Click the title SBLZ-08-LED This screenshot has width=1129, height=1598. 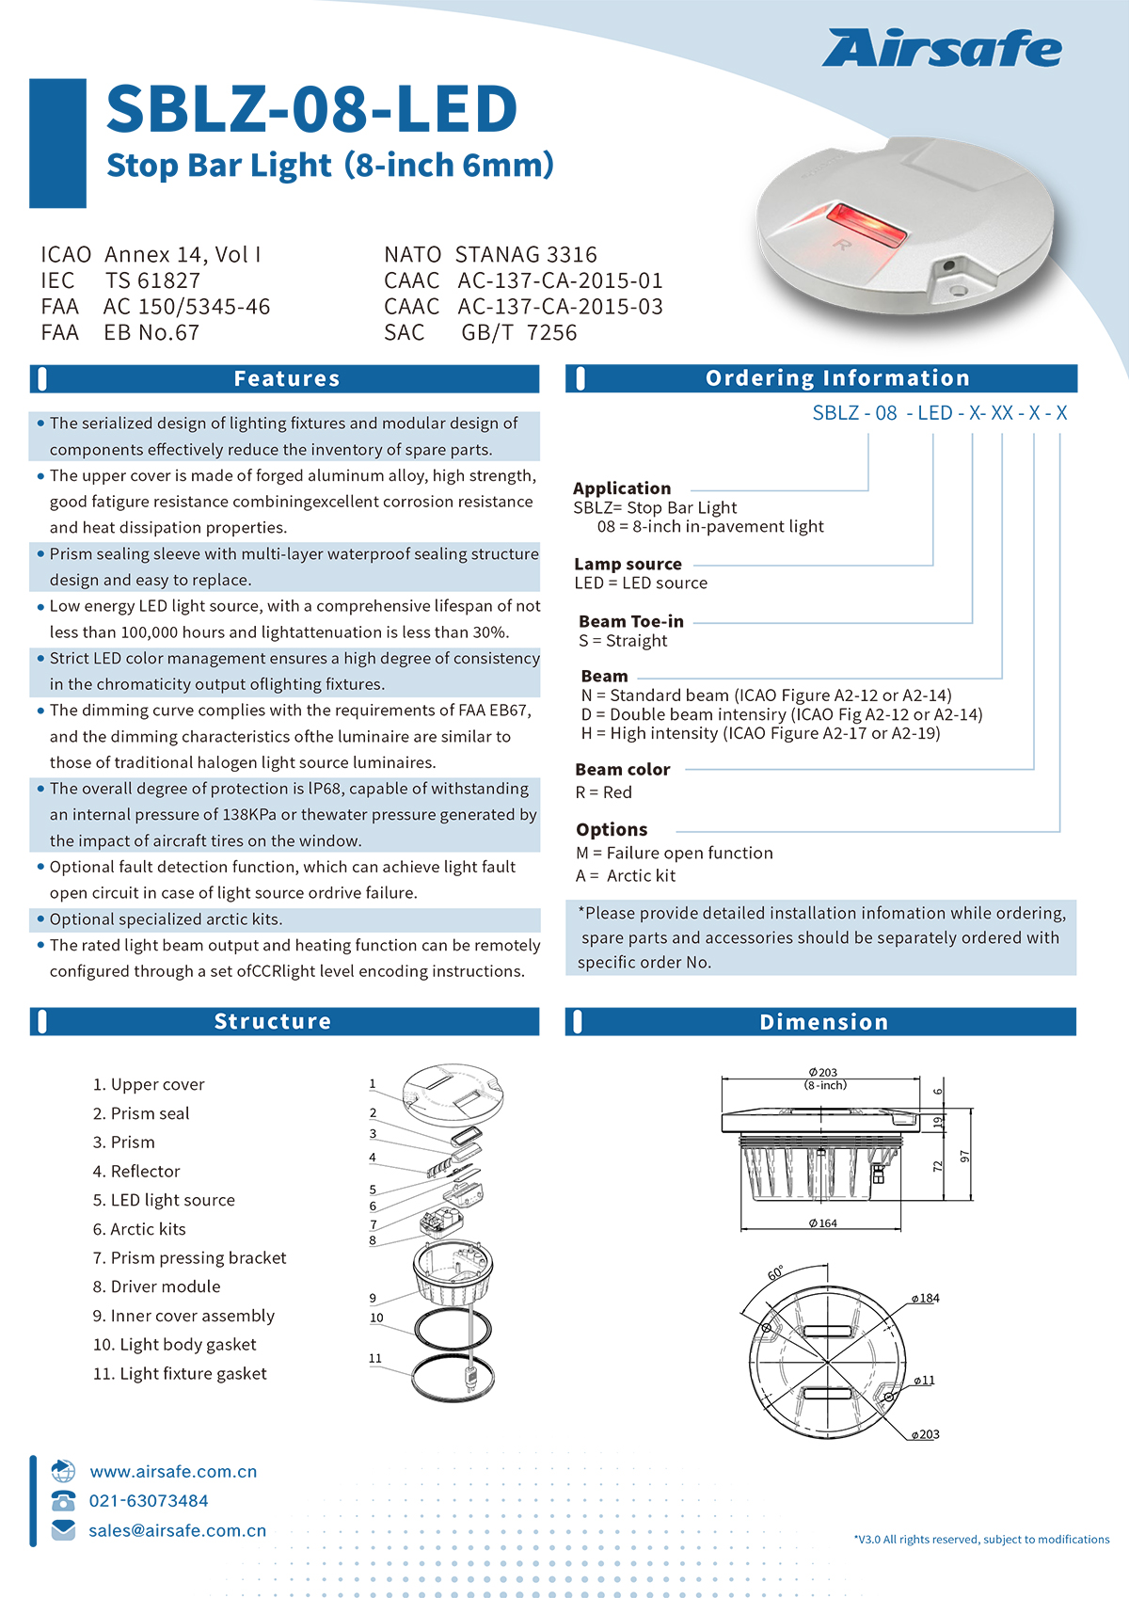[x=311, y=109]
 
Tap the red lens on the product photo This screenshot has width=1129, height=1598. [x=866, y=224]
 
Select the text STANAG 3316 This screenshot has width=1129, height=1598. [x=526, y=255]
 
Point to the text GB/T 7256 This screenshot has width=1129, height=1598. [x=518, y=333]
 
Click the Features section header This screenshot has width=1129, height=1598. [x=286, y=379]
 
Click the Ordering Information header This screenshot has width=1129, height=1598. [x=836, y=378]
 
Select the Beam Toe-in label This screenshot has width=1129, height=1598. [x=631, y=621]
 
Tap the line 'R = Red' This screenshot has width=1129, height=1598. [x=604, y=792]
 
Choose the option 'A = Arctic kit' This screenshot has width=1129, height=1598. [x=626, y=876]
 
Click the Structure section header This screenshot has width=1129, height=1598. [x=273, y=1022]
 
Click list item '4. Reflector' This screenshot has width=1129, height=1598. [x=136, y=1172]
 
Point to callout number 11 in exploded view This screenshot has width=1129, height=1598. [x=375, y=1358]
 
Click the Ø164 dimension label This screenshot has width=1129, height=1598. [x=822, y=1223]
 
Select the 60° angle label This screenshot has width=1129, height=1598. [x=776, y=1273]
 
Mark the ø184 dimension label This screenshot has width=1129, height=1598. [x=925, y=1299]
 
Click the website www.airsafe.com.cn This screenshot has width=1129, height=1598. [x=173, y=1472]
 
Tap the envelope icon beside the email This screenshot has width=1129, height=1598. [x=63, y=1530]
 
